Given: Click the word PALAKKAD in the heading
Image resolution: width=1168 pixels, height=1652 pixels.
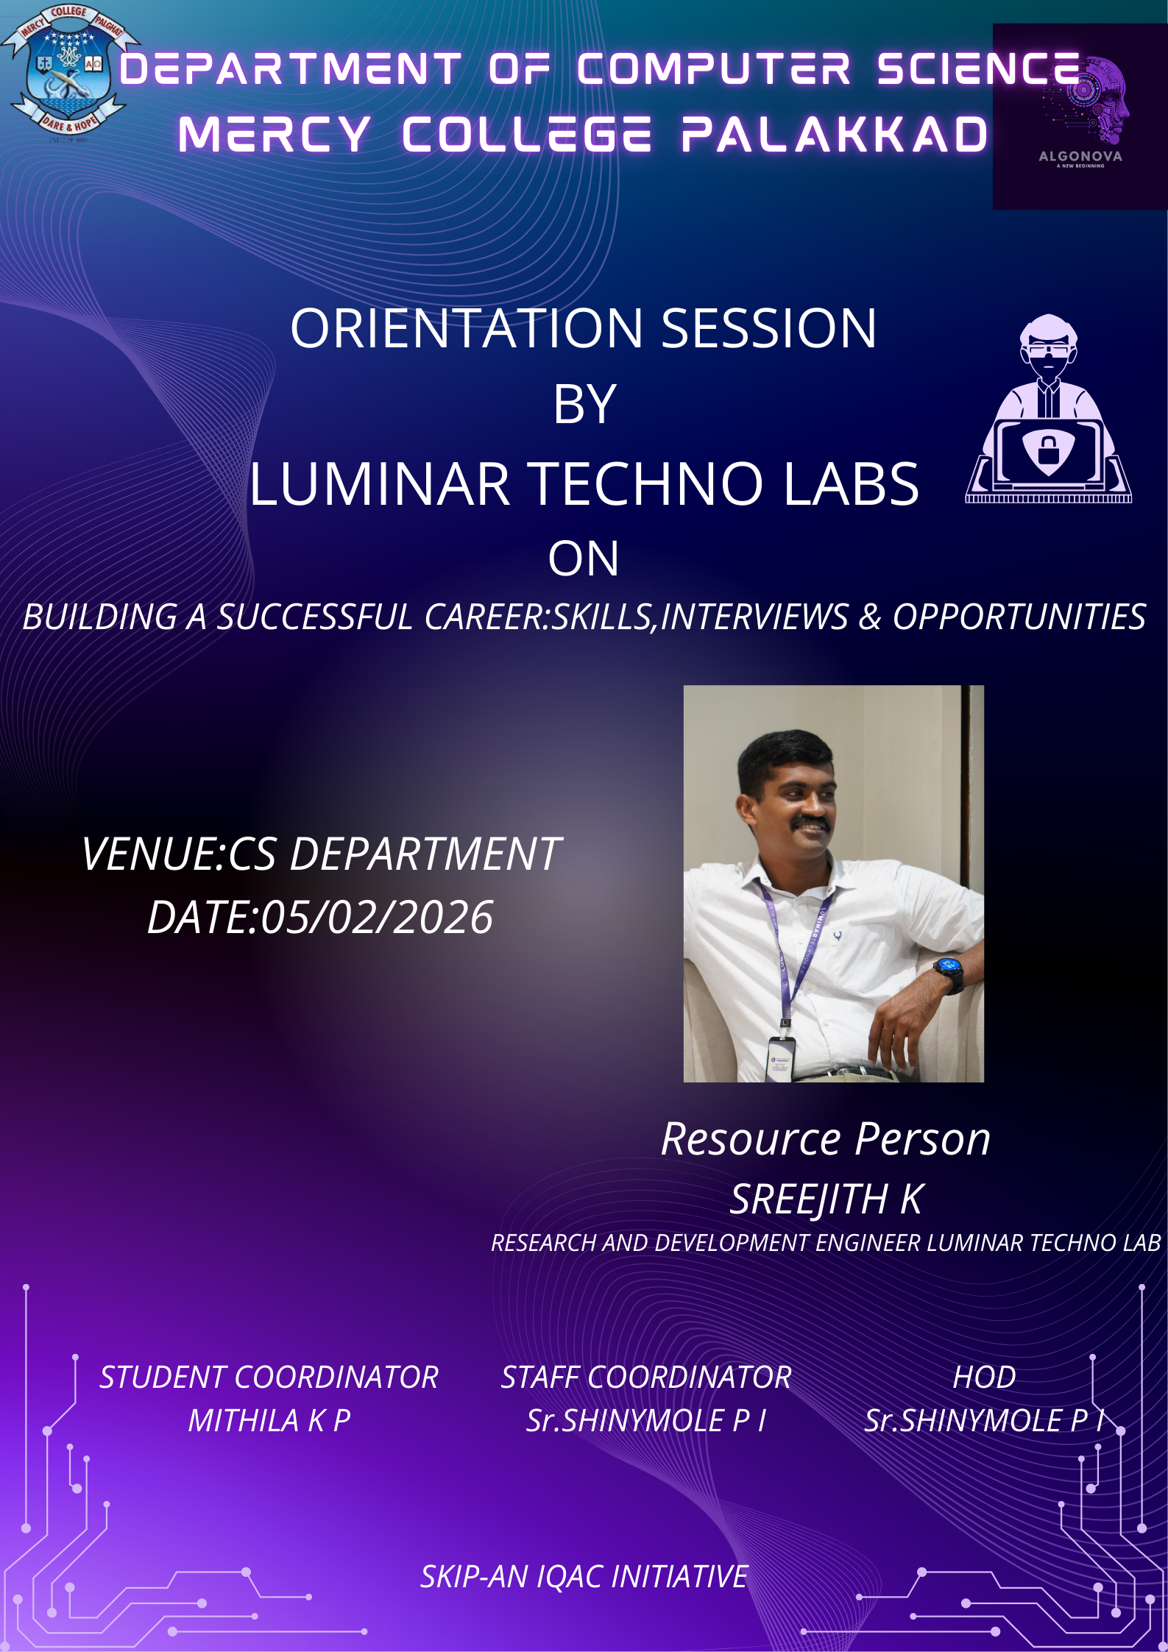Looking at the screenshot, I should tap(835, 135).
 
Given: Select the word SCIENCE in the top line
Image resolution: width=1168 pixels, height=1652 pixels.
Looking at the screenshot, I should tap(979, 69).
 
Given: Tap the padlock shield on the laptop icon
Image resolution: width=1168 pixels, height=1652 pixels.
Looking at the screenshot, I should tap(1048, 449).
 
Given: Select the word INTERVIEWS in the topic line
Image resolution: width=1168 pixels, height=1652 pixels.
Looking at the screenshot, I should tap(754, 617).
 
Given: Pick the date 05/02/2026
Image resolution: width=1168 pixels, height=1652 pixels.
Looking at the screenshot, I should tap(377, 918).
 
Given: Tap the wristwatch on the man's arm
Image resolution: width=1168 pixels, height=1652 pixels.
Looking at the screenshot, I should tap(948, 971).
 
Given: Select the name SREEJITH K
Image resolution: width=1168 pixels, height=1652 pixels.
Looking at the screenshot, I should tap(826, 1199).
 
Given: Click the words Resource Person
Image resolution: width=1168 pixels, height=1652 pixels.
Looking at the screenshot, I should tap(826, 1140).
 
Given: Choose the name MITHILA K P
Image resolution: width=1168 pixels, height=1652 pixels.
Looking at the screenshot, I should tap(269, 1421).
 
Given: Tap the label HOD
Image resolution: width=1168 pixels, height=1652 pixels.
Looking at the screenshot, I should tap(984, 1378).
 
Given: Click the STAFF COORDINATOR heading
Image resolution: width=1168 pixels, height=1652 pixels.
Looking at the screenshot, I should tap(646, 1378).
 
